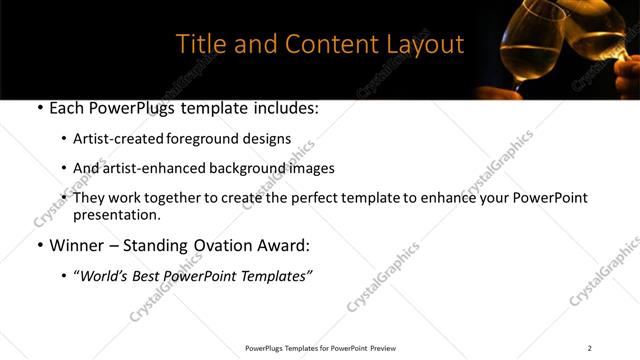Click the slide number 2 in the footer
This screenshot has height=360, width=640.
click(589, 348)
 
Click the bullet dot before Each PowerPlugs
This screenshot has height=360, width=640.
click(39, 108)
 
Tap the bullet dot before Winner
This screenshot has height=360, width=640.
click(39, 245)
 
